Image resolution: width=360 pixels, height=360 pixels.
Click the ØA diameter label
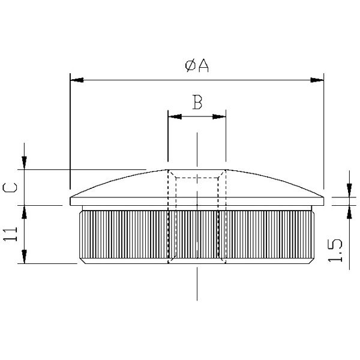click(197, 65)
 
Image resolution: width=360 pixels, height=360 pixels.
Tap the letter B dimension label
click(197, 102)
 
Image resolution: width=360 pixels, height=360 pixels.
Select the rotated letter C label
click(10, 187)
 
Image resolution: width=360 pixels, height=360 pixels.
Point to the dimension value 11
click(10, 234)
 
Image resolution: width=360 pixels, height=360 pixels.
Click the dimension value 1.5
click(335, 251)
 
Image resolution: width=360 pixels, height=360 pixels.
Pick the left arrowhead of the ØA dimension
click(77, 80)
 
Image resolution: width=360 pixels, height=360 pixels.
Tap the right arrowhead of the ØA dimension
click(317, 80)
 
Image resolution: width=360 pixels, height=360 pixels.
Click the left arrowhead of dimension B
click(175, 116)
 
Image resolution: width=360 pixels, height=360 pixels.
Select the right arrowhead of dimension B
click(219, 116)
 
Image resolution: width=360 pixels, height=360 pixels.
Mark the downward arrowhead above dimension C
click(24, 163)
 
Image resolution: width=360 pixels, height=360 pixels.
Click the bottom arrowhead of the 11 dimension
click(24, 257)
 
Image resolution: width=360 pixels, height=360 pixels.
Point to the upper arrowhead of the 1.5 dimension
click(349, 190)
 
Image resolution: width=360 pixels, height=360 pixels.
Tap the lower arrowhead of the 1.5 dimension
click(349, 212)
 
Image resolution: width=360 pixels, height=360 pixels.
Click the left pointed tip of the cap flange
click(70, 197)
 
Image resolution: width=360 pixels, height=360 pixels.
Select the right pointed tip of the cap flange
click(324, 197)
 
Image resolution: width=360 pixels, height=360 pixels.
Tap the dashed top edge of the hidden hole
click(197, 178)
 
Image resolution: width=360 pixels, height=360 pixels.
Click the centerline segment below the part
click(197, 284)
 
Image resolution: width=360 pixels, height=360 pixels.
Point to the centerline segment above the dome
click(197, 149)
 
